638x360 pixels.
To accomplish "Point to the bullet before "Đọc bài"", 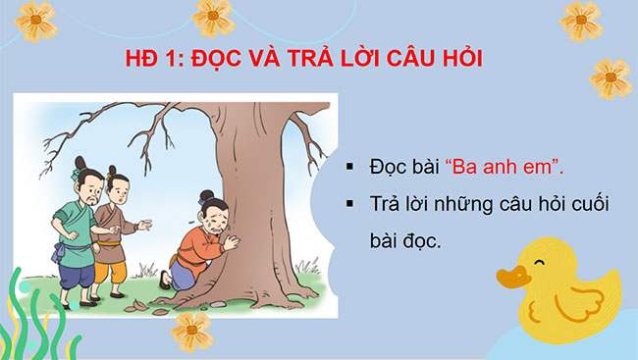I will click(x=349, y=167).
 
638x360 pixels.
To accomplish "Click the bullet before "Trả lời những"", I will click(x=349, y=204).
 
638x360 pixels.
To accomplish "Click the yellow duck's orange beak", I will click(x=510, y=278).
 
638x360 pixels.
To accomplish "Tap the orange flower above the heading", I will click(x=212, y=14).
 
